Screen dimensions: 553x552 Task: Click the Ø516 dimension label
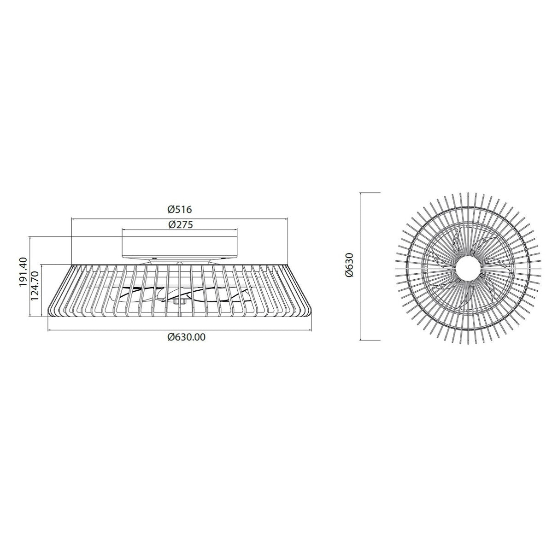pyautogui.click(x=179, y=209)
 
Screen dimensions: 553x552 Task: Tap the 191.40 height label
pyautogui.click(x=23, y=272)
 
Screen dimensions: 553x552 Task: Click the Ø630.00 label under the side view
pyautogui.click(x=187, y=337)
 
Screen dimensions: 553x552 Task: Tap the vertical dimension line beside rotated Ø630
pyautogui.click(x=360, y=266)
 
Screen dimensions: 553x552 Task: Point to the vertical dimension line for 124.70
pyautogui.click(x=41, y=290)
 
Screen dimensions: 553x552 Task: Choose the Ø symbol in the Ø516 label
pyautogui.click(x=170, y=209)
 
